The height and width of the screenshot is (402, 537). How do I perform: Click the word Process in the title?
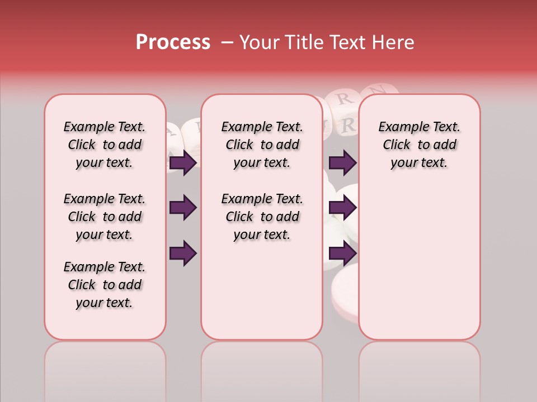(x=173, y=42)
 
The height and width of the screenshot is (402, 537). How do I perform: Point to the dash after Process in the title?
(x=227, y=43)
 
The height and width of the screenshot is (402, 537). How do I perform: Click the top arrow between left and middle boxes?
(x=183, y=163)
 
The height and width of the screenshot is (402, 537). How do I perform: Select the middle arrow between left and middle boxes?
(x=183, y=208)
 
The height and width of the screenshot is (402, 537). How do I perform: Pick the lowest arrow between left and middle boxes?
(x=183, y=253)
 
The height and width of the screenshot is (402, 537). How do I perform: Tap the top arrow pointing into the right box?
(x=342, y=163)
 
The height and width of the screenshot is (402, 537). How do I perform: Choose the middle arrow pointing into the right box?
(x=342, y=208)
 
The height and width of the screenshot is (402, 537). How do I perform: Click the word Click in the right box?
(x=397, y=145)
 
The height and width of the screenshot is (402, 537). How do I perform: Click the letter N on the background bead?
(x=379, y=89)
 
